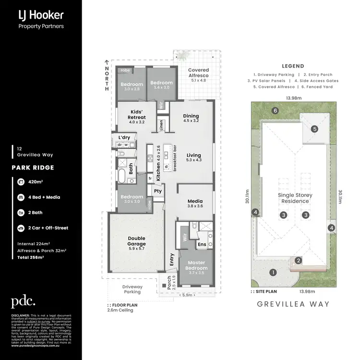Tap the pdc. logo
coord(23,301)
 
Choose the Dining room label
coord(191,118)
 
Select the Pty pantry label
coord(158,191)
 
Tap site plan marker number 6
coord(275,111)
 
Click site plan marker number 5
coord(314,129)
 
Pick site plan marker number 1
coord(273,273)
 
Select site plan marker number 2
coord(298,261)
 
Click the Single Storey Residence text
coord(295,198)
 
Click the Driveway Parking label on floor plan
coord(132,289)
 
